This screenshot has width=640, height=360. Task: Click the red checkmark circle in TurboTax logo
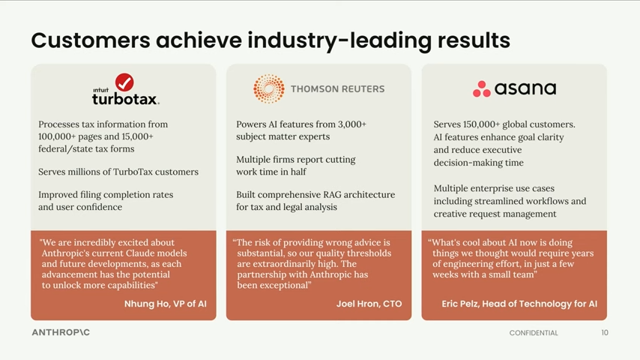124,82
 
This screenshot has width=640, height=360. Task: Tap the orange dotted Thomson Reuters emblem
269,88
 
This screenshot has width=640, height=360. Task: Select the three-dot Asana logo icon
482,89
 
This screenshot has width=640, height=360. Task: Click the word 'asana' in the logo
525,88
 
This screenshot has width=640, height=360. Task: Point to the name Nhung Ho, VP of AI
166,304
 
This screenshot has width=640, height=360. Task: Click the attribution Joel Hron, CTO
369,304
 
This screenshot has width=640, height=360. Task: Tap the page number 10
605,332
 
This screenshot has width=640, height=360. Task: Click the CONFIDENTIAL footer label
534,333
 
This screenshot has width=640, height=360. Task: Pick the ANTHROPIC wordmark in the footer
61,332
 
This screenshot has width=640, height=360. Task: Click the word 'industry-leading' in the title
339,40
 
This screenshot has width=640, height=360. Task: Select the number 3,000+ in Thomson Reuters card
351,124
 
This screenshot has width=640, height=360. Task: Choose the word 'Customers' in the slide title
91,40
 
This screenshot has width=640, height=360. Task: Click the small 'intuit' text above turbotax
101,90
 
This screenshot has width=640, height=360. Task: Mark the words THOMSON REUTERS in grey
337,89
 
